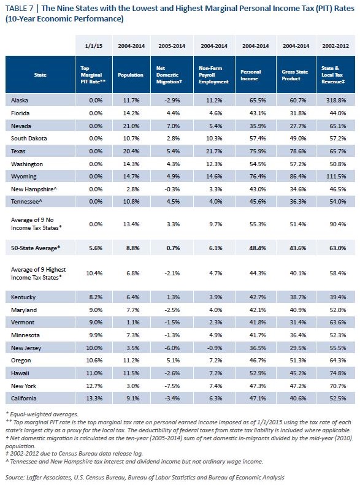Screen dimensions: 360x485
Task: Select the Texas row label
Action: (18, 151)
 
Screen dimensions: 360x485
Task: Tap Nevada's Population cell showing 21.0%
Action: (131, 126)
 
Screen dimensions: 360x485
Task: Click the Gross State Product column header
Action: (295, 75)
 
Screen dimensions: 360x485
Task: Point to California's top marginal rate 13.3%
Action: (94, 399)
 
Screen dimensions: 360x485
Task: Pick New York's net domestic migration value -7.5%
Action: (172, 386)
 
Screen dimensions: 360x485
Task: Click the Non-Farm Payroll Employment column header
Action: (213, 75)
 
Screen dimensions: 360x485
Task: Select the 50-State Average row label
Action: (36, 248)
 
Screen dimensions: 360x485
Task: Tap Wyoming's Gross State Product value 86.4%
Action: (298, 177)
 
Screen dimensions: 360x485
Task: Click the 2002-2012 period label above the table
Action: (335, 46)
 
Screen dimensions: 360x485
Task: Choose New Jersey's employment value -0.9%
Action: (215, 348)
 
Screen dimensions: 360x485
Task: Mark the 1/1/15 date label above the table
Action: (94, 46)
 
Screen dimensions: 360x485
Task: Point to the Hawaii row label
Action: (20, 373)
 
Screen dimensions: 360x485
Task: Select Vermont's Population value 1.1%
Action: (133, 323)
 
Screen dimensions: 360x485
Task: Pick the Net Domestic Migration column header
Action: (169, 75)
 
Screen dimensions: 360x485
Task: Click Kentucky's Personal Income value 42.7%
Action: (258, 297)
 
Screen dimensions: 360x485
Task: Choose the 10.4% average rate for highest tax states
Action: (94, 273)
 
